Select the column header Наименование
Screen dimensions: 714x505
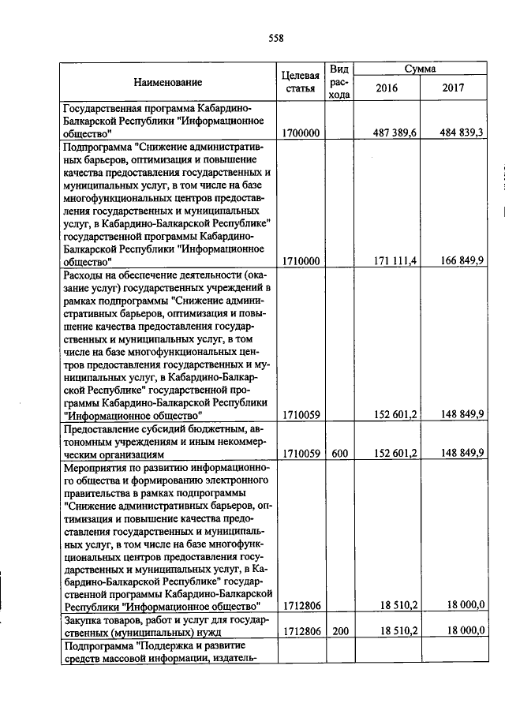167,82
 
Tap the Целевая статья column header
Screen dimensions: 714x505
300,82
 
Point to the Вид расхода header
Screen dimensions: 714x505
339,82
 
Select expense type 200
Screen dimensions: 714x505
339,633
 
